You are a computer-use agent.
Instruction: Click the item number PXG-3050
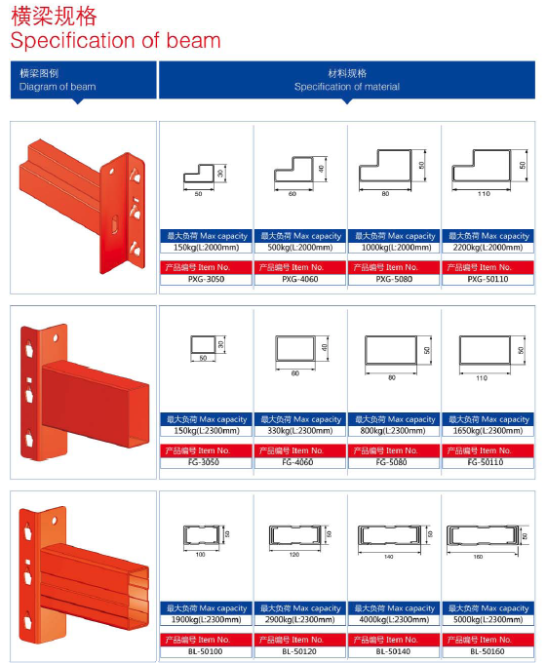pyautogui.click(x=206, y=279)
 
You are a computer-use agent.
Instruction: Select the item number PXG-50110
pyautogui.click(x=487, y=279)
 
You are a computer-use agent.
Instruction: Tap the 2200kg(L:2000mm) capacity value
pyautogui.click(x=487, y=248)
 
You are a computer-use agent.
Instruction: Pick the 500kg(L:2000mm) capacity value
pyautogui.click(x=300, y=248)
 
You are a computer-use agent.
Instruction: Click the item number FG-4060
pyautogui.click(x=297, y=462)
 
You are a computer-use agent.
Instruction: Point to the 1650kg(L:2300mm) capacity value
pyautogui.click(x=487, y=431)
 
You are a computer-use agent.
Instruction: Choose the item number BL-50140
pyautogui.click(x=393, y=651)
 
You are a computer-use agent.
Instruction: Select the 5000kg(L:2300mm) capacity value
pyautogui.click(x=487, y=619)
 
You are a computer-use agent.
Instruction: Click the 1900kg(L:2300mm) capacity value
pyautogui.click(x=206, y=619)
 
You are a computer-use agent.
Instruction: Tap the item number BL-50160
pyautogui.click(x=487, y=651)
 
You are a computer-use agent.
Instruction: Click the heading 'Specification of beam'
pyautogui.click(x=115, y=41)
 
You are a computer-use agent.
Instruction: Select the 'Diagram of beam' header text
pyautogui.click(x=58, y=87)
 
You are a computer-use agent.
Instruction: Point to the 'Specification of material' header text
pyautogui.click(x=347, y=87)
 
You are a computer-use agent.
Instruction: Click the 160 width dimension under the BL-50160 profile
pyautogui.click(x=478, y=557)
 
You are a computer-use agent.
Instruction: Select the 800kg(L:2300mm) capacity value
pyautogui.click(x=393, y=431)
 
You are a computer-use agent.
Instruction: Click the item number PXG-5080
pyautogui.click(x=394, y=279)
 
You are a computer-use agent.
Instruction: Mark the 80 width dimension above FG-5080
pyautogui.click(x=392, y=377)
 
